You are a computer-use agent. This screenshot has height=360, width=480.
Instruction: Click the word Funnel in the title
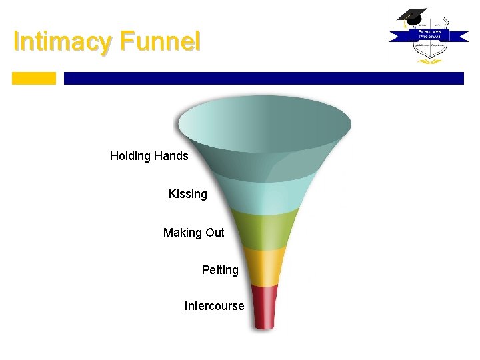(159, 42)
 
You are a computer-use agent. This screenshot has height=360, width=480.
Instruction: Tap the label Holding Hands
(149, 156)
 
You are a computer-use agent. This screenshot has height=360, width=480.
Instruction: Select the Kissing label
(187, 194)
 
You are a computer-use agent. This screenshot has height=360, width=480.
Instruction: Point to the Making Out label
(193, 233)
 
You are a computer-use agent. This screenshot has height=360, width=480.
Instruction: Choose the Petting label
(220, 270)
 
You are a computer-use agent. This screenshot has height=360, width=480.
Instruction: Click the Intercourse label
(214, 307)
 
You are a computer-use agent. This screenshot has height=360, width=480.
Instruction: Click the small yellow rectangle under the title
(34, 78)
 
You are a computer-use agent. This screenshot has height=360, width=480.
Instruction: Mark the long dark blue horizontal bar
(263, 78)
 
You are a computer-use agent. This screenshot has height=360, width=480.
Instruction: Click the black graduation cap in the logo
(412, 15)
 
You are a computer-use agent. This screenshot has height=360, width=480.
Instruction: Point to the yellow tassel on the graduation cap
(403, 23)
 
